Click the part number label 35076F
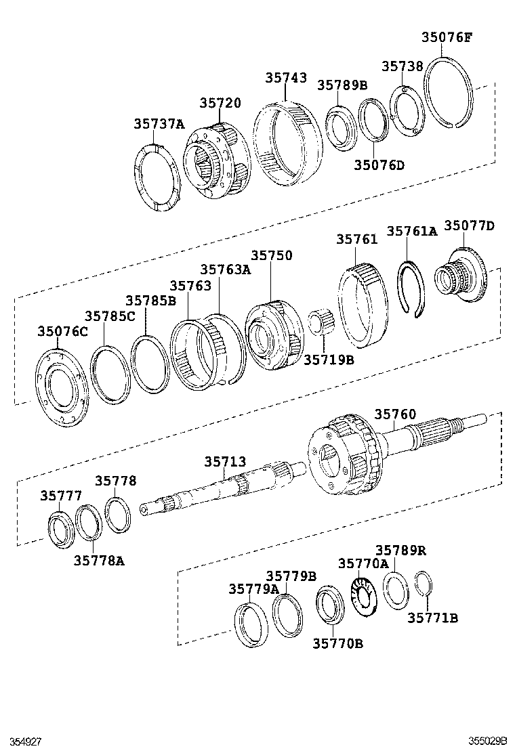pyautogui.click(x=446, y=37)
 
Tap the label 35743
pyautogui.click(x=285, y=78)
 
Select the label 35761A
pyautogui.click(x=411, y=231)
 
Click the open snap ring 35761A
pyautogui.click(x=411, y=288)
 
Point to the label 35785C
pyautogui.click(x=110, y=316)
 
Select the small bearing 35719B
pyautogui.click(x=318, y=321)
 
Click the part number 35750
pyautogui.click(x=272, y=255)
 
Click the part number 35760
pyautogui.click(x=395, y=414)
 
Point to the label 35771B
pyautogui.click(x=432, y=617)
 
